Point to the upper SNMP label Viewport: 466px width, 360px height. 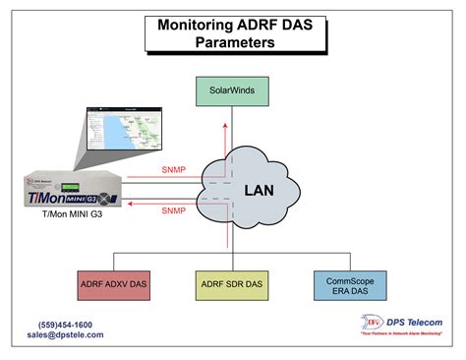tap(173, 169)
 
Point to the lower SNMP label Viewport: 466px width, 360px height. tap(173, 210)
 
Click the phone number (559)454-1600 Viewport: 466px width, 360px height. tap(65, 325)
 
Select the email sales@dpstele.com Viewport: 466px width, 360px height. tap(65, 335)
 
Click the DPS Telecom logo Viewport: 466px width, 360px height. tap(374, 322)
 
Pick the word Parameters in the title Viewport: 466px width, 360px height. tap(235, 43)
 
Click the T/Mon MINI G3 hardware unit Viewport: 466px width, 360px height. tap(74, 192)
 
